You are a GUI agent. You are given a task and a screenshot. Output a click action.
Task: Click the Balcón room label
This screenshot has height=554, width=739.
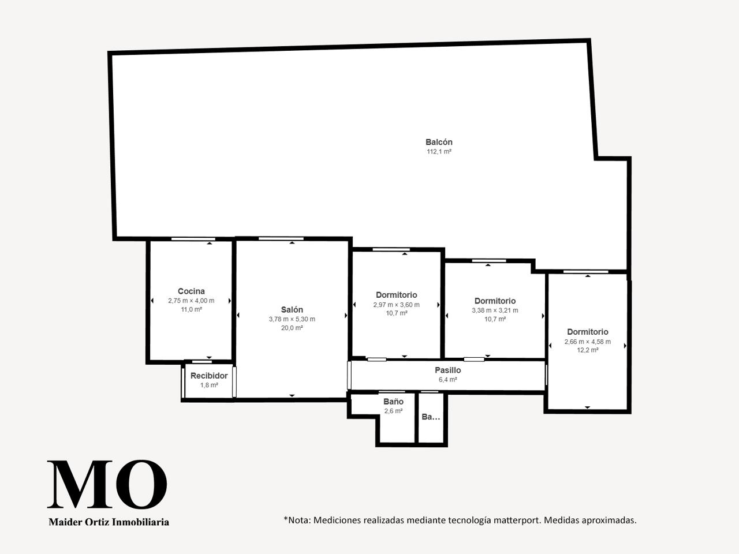439,142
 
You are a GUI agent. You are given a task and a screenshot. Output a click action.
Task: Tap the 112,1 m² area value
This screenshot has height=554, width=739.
439,152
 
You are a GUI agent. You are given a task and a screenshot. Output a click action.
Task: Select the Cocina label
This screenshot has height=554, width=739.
191,291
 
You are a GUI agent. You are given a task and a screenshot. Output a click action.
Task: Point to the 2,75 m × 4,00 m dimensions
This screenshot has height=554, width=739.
191,301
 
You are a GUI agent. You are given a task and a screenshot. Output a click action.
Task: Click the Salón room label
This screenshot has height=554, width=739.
292,309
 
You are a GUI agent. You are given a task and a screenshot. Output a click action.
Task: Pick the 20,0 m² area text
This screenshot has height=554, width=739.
292,328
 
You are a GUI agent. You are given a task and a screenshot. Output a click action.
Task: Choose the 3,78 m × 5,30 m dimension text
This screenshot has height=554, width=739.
292,319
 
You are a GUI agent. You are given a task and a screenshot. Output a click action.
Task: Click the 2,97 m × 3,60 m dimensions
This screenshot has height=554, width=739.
396,305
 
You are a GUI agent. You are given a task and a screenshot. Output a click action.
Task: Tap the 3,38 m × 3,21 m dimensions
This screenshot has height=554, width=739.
495,310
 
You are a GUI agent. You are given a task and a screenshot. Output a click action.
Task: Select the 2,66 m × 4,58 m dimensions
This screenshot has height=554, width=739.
588,342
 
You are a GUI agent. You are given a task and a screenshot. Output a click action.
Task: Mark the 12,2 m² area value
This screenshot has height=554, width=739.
588,350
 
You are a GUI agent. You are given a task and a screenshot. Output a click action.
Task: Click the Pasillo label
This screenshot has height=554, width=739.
448,370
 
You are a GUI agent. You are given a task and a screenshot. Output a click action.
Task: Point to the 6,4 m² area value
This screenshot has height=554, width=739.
448,379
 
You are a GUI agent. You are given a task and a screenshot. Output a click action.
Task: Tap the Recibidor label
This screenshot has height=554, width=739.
209,375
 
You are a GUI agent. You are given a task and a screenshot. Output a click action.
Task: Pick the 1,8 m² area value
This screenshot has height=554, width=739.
209,385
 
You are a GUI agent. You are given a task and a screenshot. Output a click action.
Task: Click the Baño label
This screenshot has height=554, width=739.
393,401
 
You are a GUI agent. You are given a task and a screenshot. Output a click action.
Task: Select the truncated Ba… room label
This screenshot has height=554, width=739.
431,417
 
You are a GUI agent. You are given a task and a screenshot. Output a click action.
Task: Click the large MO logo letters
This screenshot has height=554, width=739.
107,484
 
